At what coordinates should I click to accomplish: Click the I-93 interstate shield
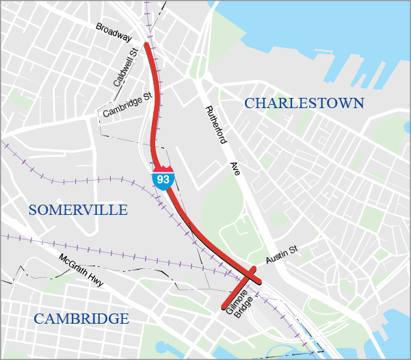click(163, 178)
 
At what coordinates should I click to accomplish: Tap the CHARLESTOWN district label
click(304, 103)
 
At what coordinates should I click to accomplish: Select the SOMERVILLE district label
click(78, 209)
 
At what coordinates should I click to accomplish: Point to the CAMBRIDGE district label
click(81, 318)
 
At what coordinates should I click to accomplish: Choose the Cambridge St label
click(127, 105)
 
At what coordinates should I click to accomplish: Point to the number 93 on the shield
click(163, 180)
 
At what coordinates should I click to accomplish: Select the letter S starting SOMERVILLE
click(33, 209)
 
